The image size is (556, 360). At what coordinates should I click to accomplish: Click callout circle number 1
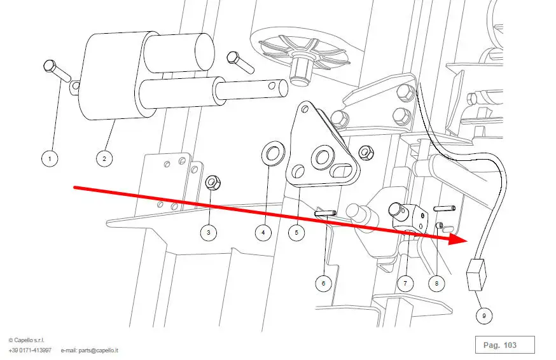click(50, 157)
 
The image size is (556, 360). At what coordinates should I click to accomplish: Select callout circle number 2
click(104, 157)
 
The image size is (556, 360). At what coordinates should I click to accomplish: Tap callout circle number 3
click(209, 233)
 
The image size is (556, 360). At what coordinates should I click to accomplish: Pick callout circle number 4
click(263, 233)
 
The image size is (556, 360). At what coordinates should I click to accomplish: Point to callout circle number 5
click(296, 233)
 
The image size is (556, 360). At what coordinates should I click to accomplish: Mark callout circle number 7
click(405, 283)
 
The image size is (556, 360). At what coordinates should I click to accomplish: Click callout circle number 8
click(436, 283)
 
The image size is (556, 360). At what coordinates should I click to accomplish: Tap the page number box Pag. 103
click(504, 345)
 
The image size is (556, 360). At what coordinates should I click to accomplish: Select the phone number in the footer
click(30, 350)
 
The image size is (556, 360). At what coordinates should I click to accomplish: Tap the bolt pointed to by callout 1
click(57, 71)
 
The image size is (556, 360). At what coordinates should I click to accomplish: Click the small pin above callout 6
click(326, 213)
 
